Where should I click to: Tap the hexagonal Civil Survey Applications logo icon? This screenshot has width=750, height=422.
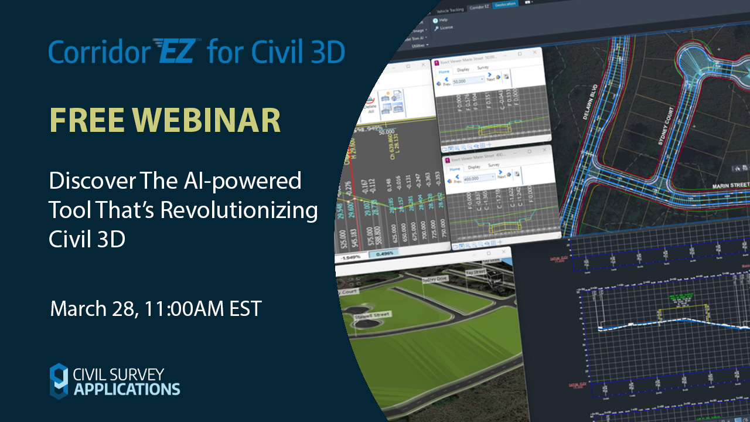tap(59, 380)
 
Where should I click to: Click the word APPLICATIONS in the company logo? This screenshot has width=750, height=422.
tap(127, 389)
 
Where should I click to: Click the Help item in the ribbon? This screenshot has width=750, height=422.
tap(443, 21)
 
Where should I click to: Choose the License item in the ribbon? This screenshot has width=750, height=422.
tap(445, 28)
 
